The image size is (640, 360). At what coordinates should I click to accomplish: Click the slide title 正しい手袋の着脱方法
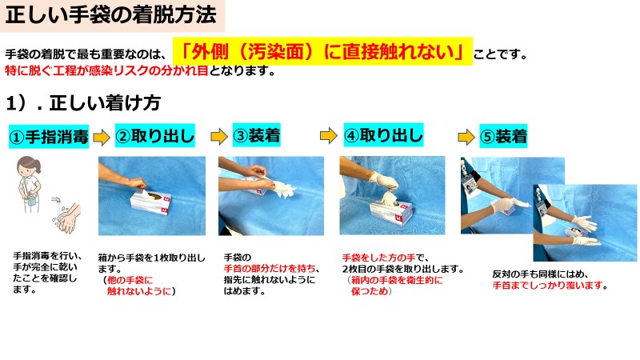(x=111, y=15)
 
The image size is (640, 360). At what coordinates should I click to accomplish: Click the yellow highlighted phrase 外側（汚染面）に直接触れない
(x=322, y=52)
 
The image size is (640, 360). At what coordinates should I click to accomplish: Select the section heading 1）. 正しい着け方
(x=83, y=103)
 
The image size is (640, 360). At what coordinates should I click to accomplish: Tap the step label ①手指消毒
(x=49, y=137)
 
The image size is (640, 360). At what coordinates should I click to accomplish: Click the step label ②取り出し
(x=155, y=135)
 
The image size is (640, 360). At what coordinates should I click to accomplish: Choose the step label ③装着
(x=257, y=135)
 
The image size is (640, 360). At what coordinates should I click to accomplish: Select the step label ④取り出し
(x=384, y=135)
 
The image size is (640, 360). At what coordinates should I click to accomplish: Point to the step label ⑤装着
(x=503, y=136)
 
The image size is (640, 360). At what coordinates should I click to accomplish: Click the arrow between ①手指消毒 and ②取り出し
(x=102, y=137)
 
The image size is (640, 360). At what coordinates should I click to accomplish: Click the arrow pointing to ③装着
(x=219, y=136)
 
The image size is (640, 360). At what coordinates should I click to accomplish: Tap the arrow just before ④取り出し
(x=329, y=135)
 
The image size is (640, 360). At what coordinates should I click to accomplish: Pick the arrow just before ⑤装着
(x=466, y=137)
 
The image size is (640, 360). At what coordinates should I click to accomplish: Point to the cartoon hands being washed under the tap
(x=67, y=218)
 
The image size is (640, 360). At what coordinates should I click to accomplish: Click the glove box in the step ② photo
(x=150, y=203)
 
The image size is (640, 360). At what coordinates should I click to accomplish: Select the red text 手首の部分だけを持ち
(x=270, y=269)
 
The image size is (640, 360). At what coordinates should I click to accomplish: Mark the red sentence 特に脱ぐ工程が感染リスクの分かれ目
(x=106, y=70)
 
